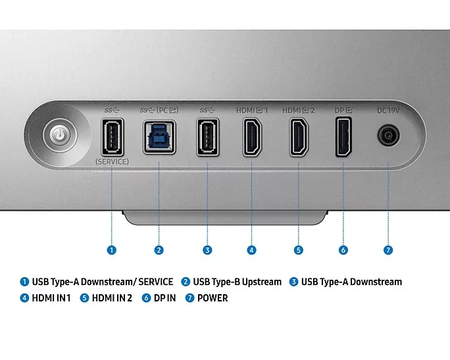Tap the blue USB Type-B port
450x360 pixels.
pos(159,137)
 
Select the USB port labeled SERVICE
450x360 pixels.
pos(112,138)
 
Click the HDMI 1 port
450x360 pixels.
pos(251,138)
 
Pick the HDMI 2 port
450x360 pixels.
pos(298,138)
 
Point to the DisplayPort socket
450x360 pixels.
pos(343,136)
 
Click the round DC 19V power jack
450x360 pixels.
pos(388,136)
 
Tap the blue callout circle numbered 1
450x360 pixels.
pos(112,250)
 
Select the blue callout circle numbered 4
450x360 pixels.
pos(251,250)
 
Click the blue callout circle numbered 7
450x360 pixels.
pos(388,250)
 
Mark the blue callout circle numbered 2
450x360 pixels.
pos(159,250)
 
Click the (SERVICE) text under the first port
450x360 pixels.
pos(112,161)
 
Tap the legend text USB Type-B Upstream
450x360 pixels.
pos(237,282)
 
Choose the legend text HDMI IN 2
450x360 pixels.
pos(112,298)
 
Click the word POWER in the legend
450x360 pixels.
pos(212,298)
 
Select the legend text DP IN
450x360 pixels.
pos(164,298)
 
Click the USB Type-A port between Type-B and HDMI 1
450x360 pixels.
pos(207,138)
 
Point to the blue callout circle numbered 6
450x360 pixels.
pos(343,250)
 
